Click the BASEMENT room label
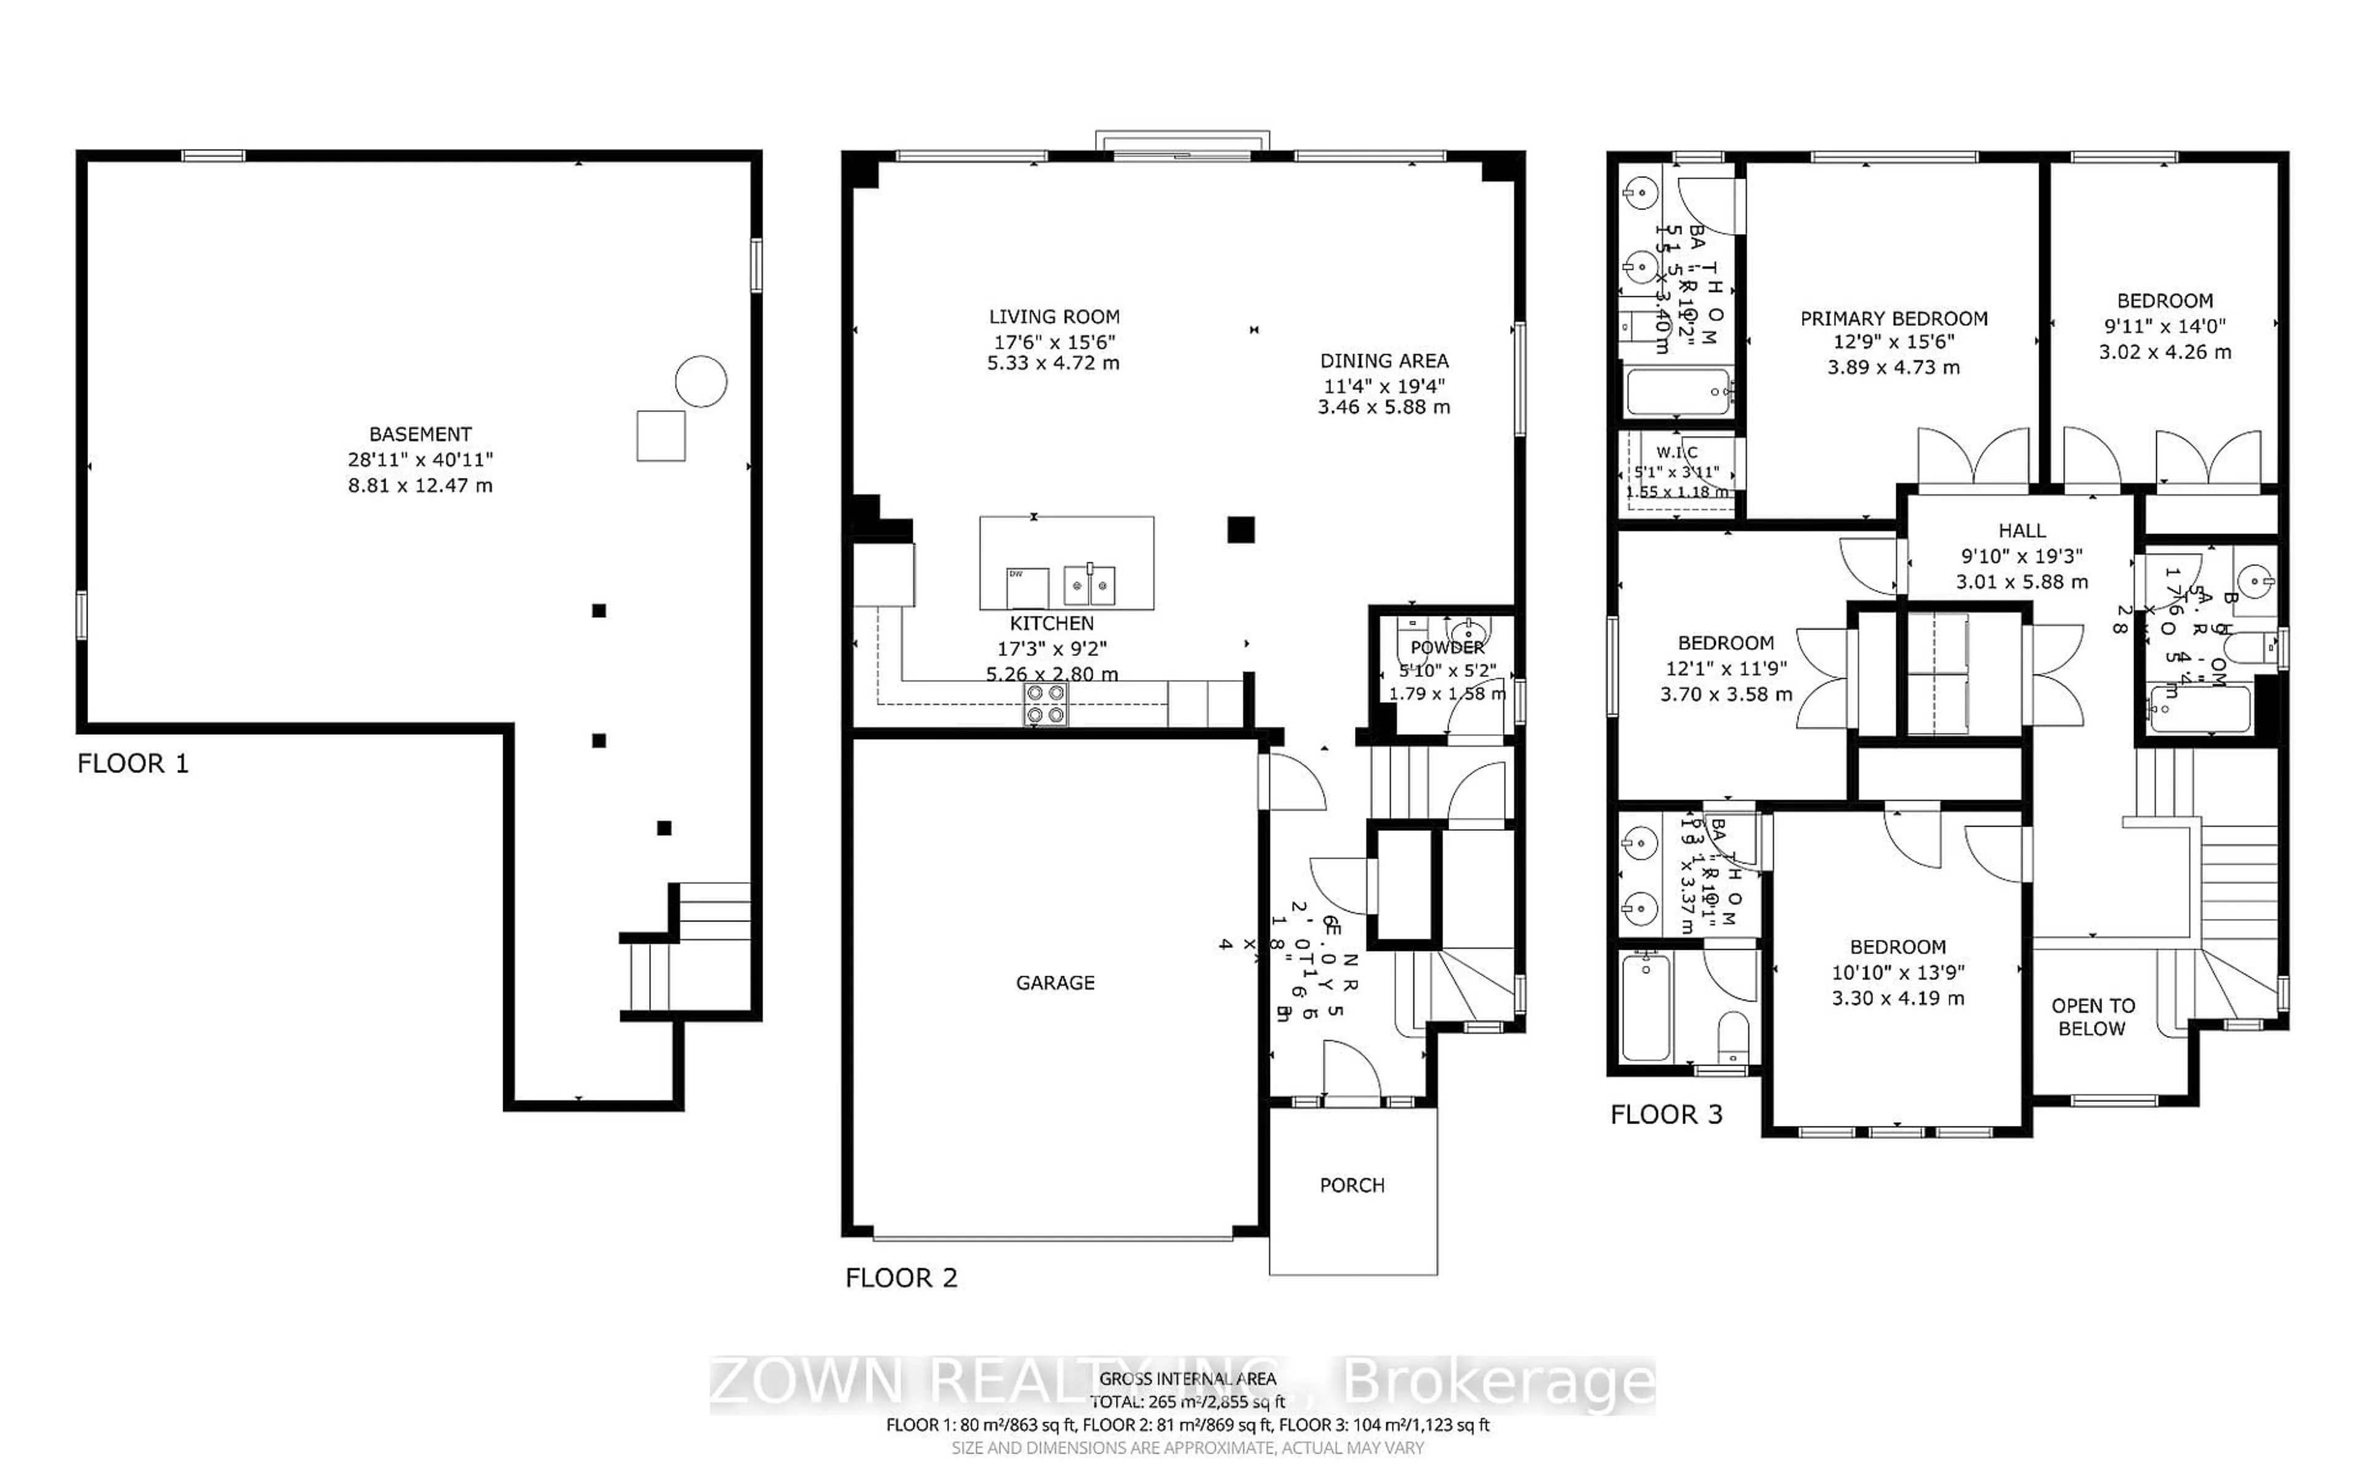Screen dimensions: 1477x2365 420,434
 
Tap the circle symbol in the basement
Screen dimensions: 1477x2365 701,381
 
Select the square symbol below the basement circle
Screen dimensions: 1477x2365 661,435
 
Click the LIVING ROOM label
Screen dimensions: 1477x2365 1054,317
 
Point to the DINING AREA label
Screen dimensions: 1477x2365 1384,360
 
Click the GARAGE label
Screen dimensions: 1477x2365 1054,982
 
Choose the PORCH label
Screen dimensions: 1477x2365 1351,1185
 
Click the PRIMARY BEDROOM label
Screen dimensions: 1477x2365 1893,318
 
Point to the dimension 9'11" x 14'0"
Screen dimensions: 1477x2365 2164,326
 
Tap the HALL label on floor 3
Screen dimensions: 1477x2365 2021,530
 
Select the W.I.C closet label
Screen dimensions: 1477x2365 1676,452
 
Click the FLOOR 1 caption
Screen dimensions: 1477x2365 133,763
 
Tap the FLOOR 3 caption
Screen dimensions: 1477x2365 1666,1114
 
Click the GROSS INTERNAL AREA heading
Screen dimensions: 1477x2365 1187,1378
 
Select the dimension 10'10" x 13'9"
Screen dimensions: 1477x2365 1898,972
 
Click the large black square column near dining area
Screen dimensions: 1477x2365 1240,530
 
